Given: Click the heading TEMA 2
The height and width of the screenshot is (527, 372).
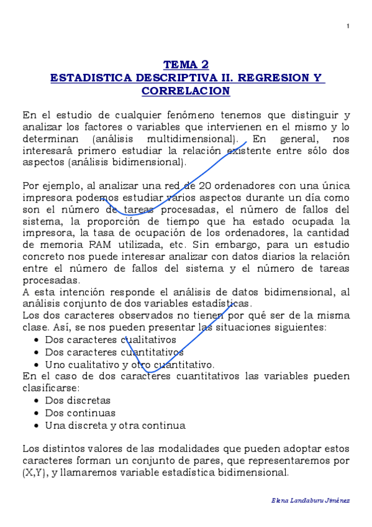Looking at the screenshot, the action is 186,65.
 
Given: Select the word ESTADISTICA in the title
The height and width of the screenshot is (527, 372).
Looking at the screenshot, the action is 87,78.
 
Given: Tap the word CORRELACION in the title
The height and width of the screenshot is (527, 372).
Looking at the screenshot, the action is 186,91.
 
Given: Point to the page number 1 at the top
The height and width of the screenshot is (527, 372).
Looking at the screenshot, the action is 348,26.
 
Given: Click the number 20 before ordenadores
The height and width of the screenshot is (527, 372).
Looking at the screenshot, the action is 206,186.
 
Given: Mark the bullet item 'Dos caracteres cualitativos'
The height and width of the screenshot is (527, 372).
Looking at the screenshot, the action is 111,340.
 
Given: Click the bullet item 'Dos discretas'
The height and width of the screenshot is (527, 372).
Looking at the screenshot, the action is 78,400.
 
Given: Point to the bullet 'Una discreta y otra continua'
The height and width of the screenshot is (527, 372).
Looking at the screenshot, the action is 115,426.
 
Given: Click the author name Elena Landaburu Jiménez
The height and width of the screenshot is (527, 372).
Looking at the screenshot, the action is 311,501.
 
